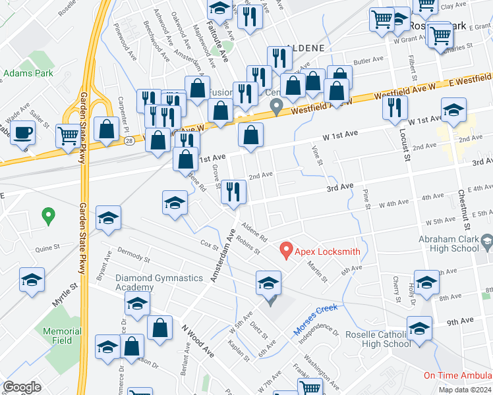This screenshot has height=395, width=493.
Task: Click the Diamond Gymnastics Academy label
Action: (159, 282)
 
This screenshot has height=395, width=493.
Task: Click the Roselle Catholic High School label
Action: (378, 338)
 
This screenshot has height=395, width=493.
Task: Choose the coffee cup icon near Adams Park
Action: (23, 132)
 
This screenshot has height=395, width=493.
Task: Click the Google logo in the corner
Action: (21, 387)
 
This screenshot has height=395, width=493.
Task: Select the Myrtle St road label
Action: (65, 294)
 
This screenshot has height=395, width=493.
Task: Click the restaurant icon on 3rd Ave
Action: (233, 192)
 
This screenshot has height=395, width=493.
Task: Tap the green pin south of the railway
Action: (47, 215)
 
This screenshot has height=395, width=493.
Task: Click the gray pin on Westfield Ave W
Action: (277, 105)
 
